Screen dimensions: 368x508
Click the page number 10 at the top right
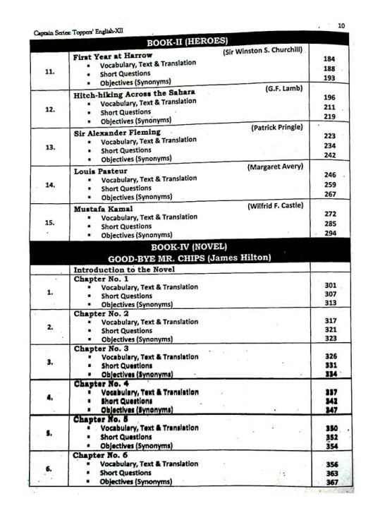click(341, 25)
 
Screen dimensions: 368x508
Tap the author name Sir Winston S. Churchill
click(263, 52)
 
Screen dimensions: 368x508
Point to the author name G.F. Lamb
click(283, 89)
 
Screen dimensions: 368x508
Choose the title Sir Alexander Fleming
click(117, 132)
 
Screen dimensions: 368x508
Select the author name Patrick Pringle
click(276, 128)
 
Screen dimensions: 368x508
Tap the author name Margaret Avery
click(275, 167)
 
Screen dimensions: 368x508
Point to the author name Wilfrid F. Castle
click(275, 205)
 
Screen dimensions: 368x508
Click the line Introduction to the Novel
click(123, 270)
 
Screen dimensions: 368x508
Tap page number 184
click(329, 60)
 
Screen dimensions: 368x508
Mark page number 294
click(330, 233)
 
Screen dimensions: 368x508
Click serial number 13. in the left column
click(49, 147)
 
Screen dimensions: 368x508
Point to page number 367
click(331, 482)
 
